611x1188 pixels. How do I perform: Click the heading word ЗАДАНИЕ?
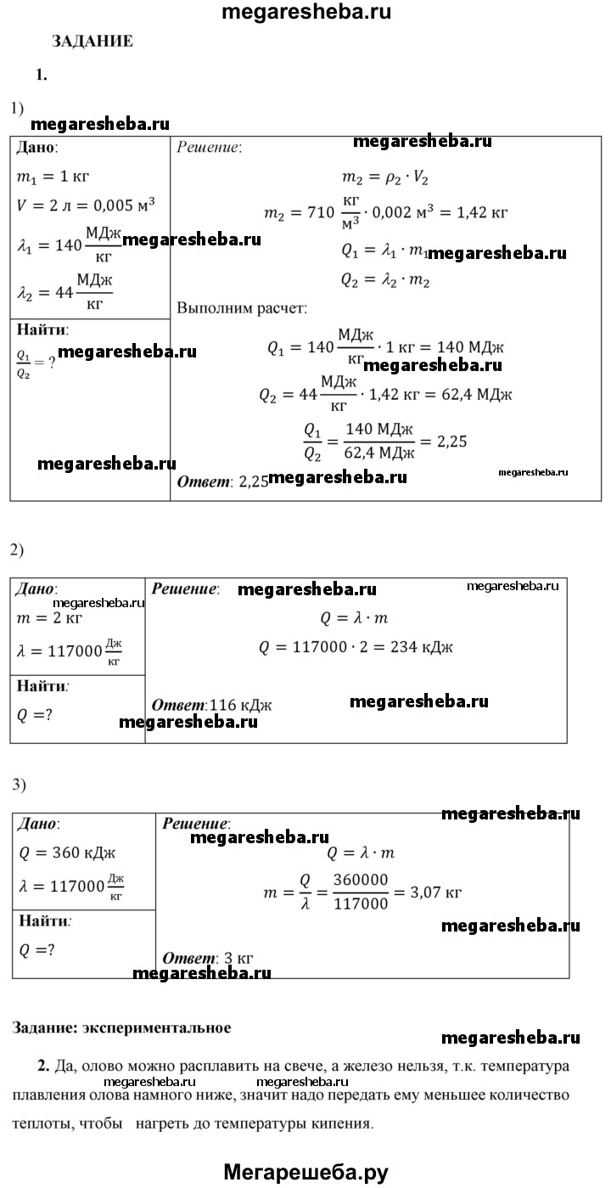coord(92,41)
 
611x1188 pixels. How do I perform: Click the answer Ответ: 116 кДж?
coord(211,705)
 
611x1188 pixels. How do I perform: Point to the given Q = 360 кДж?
coord(65,854)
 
